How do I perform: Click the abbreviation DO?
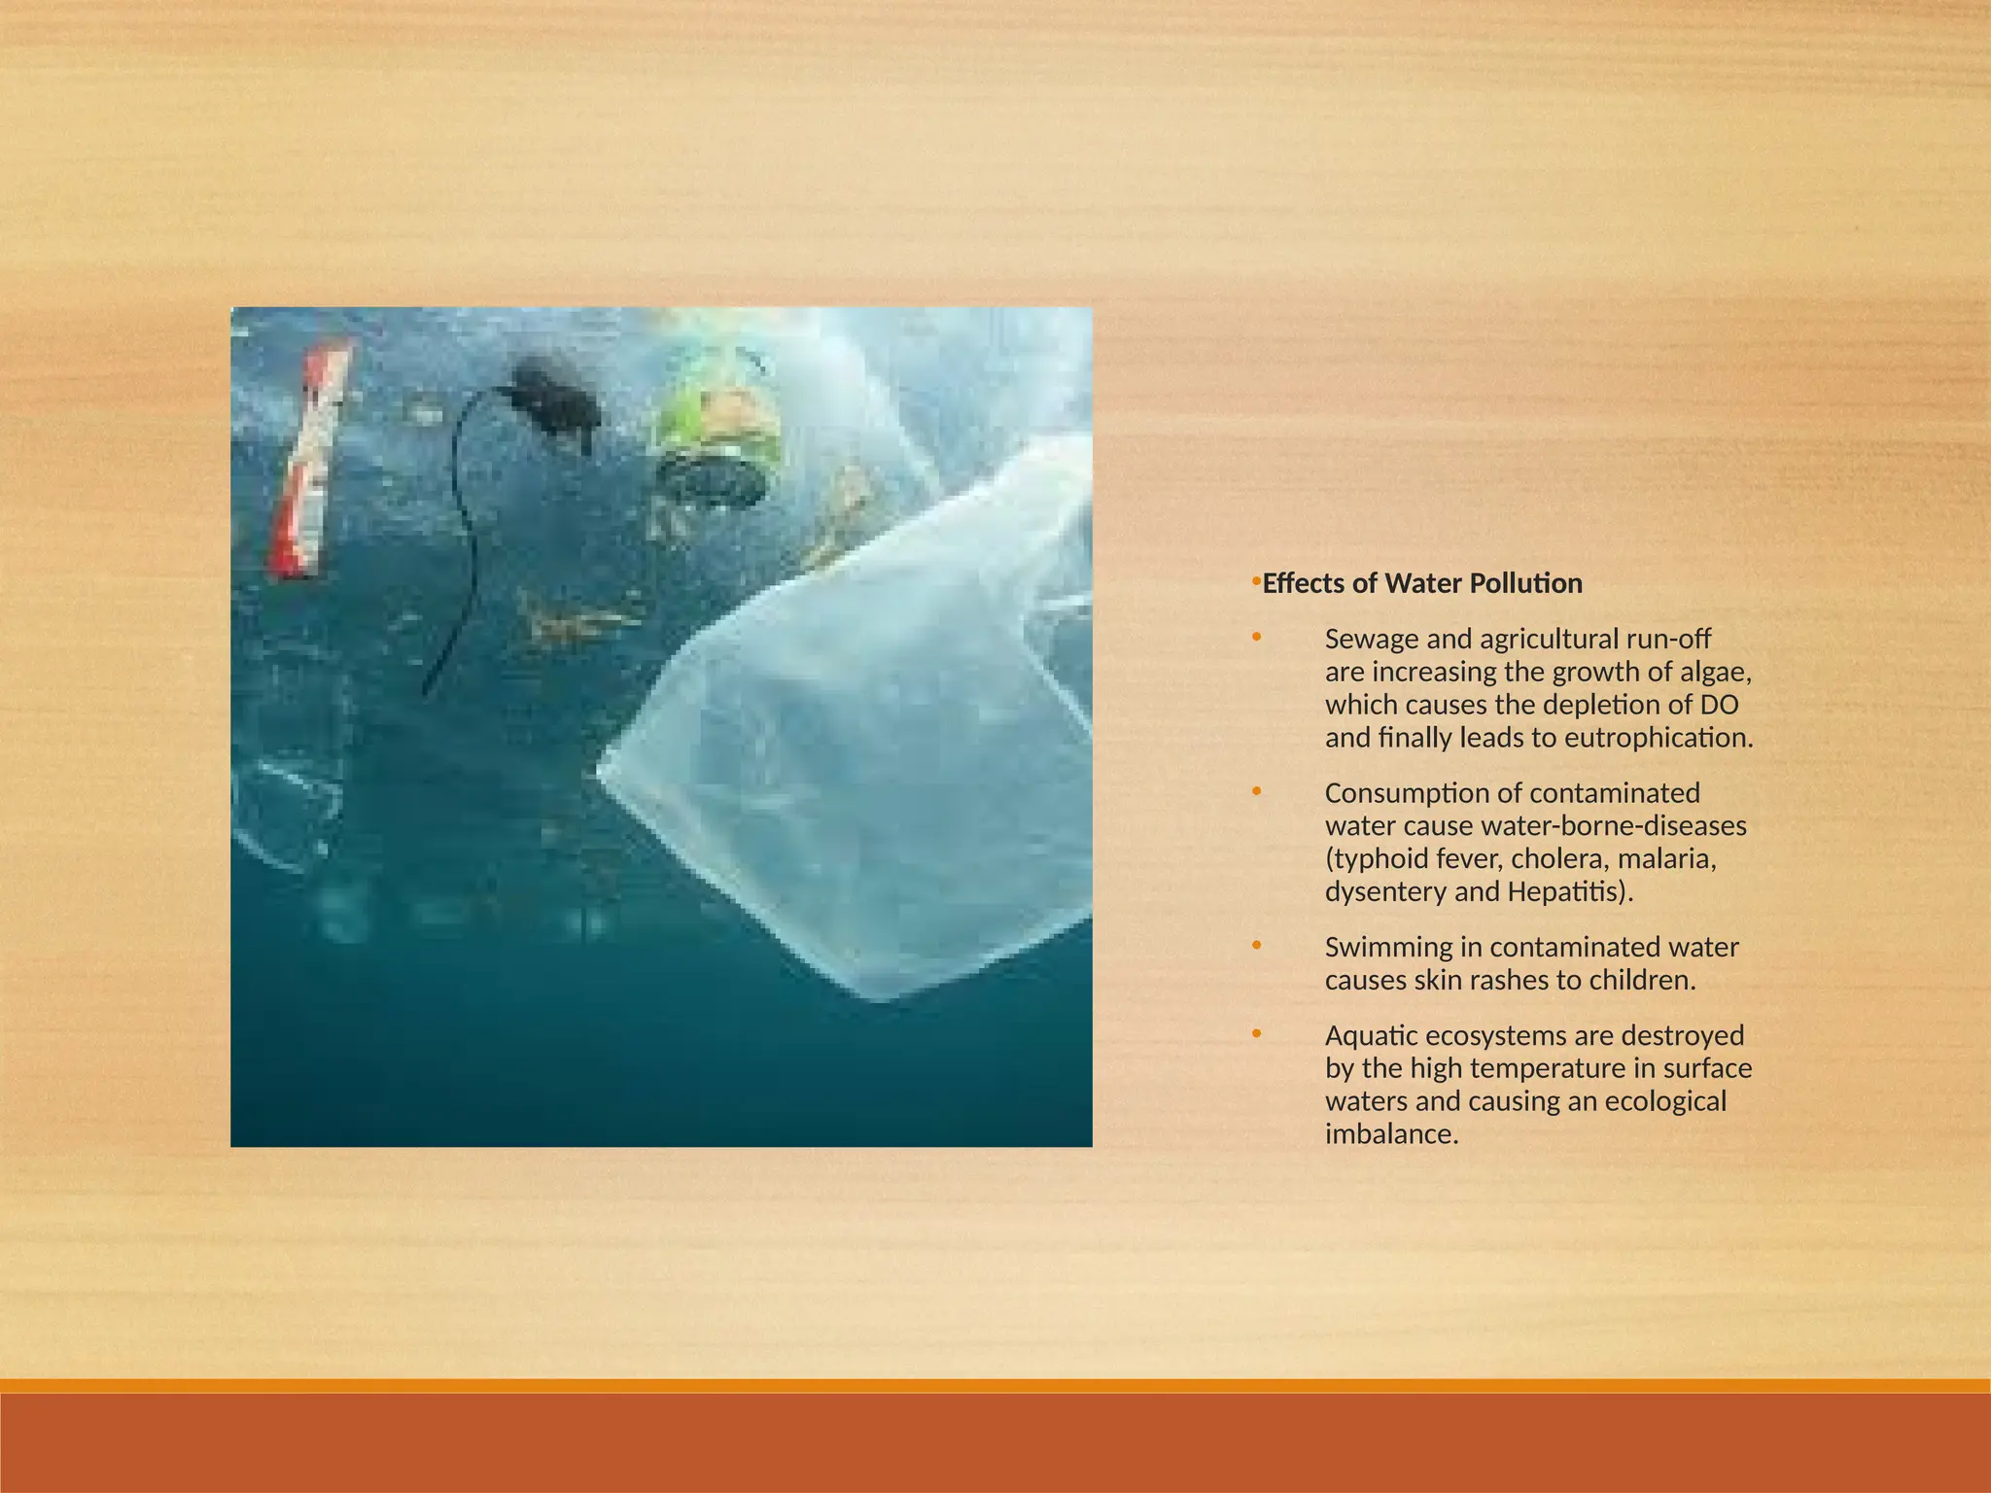pyautogui.click(x=1721, y=705)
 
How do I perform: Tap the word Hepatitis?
pyautogui.click(x=1564, y=891)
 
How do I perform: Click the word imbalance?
pyautogui.click(x=1391, y=1133)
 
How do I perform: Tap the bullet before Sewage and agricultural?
pyautogui.click(x=1256, y=638)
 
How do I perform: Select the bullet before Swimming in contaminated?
pyautogui.click(x=1256, y=945)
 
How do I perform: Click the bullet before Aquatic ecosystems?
pyautogui.click(x=1256, y=1033)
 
